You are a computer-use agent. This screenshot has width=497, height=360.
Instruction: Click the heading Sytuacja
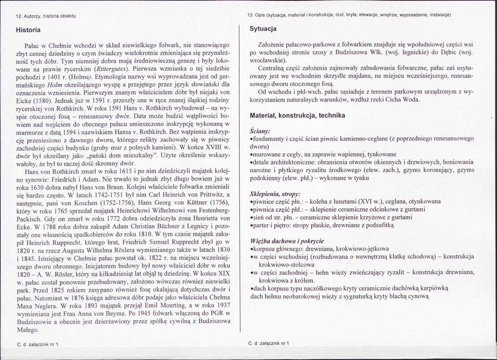[x=264, y=29]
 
